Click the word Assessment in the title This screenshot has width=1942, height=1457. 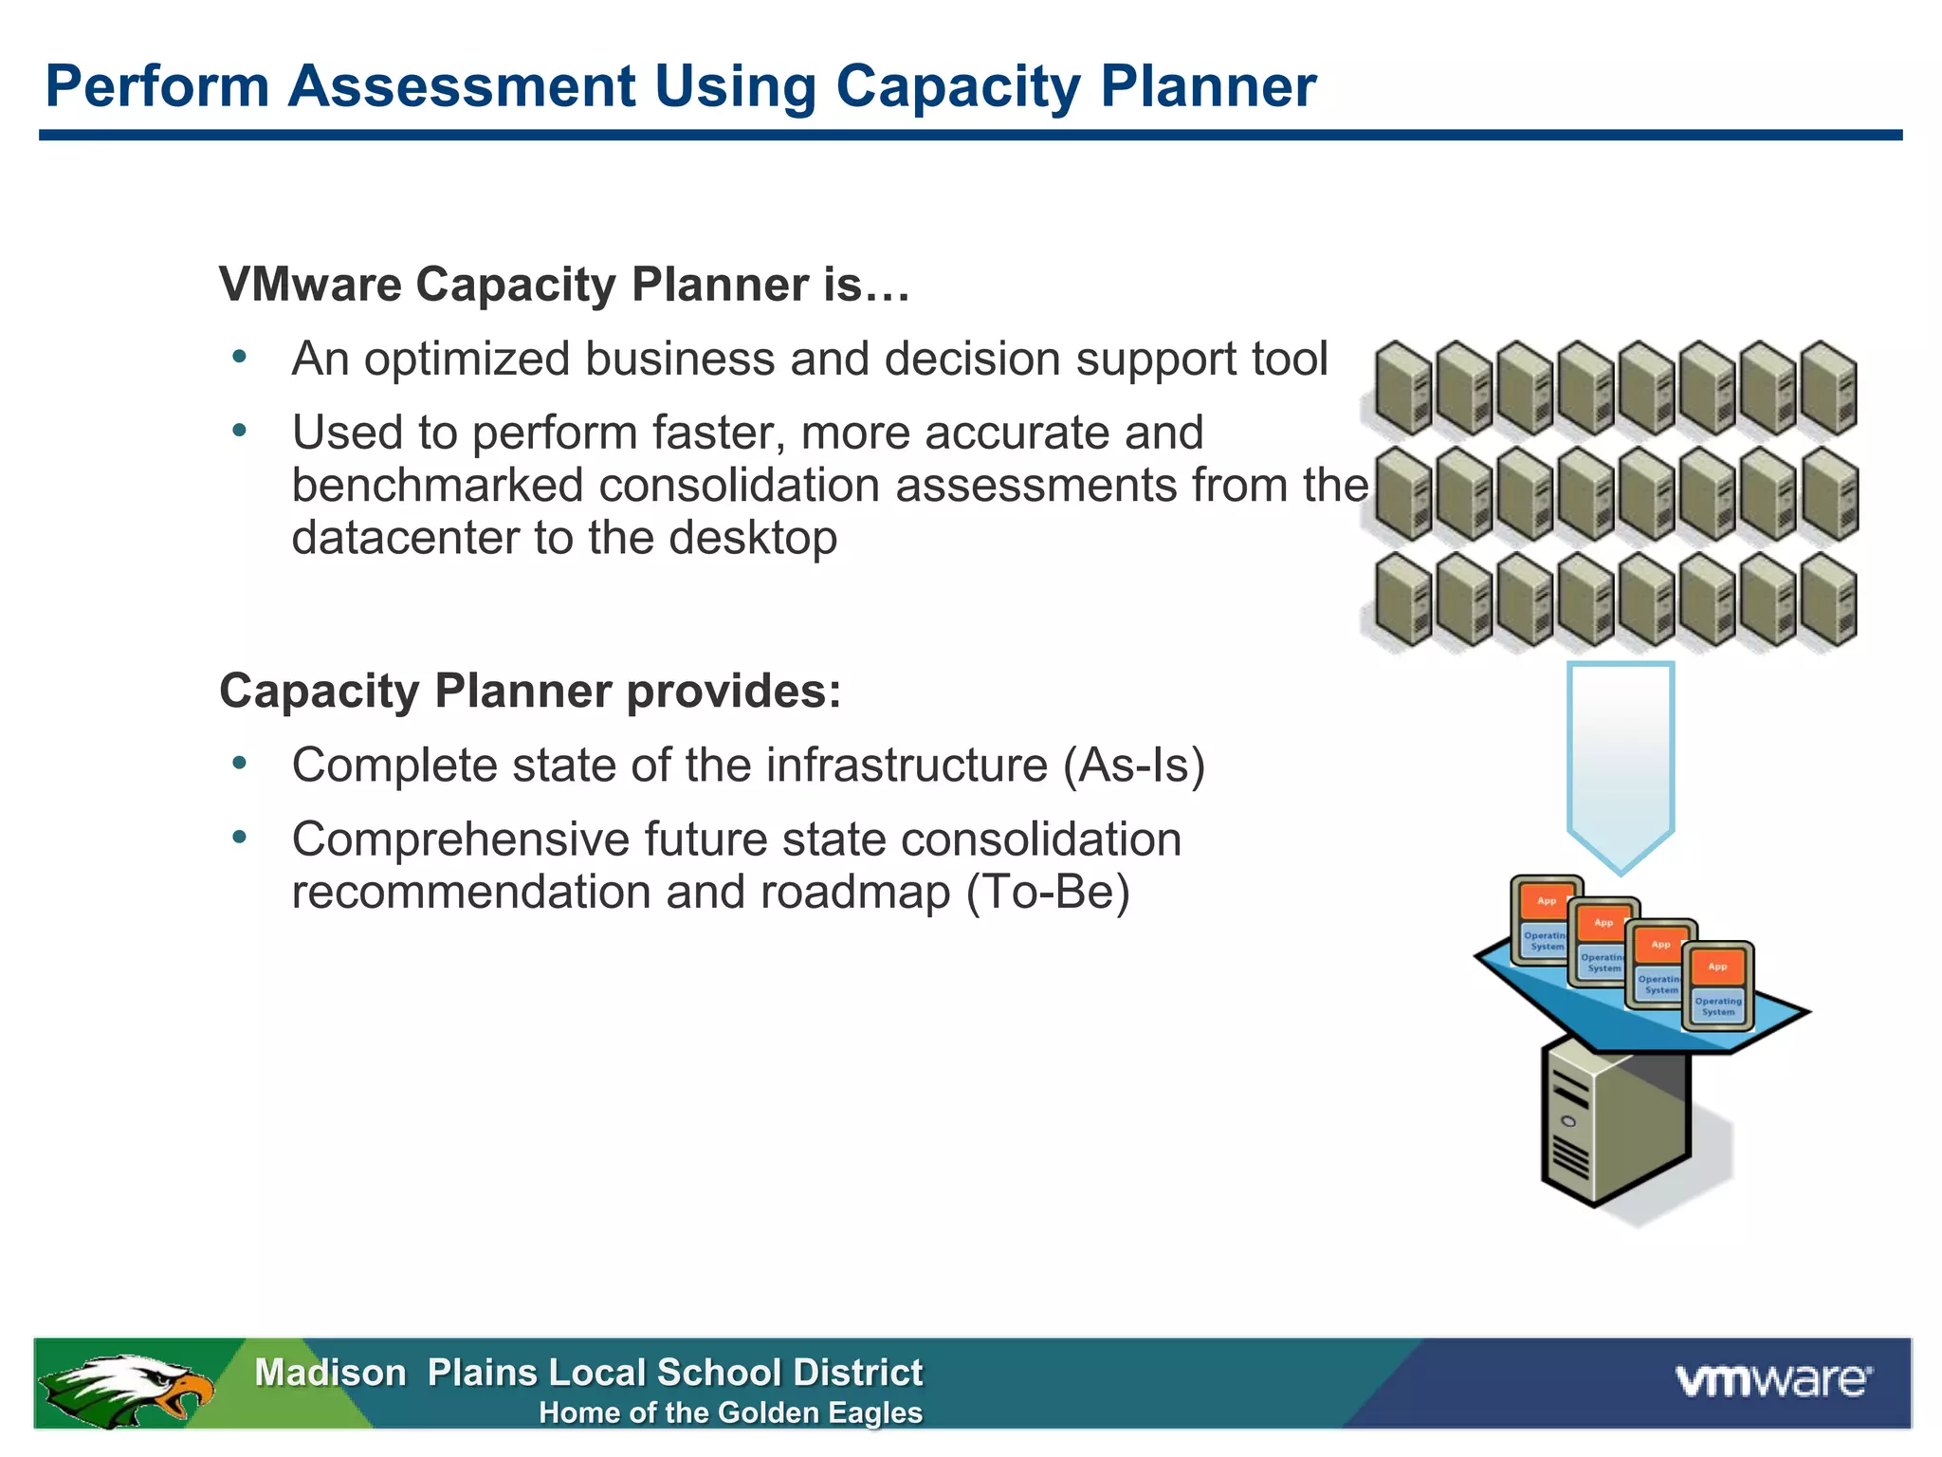click(x=461, y=86)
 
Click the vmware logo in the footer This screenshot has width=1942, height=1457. click(x=1774, y=1380)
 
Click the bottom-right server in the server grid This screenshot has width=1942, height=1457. click(x=1829, y=600)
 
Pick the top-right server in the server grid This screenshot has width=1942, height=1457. click(x=1829, y=388)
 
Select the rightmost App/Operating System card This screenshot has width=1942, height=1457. click(x=1717, y=987)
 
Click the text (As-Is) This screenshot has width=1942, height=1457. click(x=1134, y=765)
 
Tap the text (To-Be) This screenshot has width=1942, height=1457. click(x=1048, y=892)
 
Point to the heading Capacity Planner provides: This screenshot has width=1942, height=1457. click(x=530, y=691)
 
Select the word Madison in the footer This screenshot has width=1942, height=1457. click(x=330, y=1373)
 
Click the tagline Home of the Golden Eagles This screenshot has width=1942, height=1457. click(x=730, y=1412)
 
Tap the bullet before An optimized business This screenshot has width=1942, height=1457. click(x=239, y=358)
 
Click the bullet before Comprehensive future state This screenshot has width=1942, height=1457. click(x=239, y=838)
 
